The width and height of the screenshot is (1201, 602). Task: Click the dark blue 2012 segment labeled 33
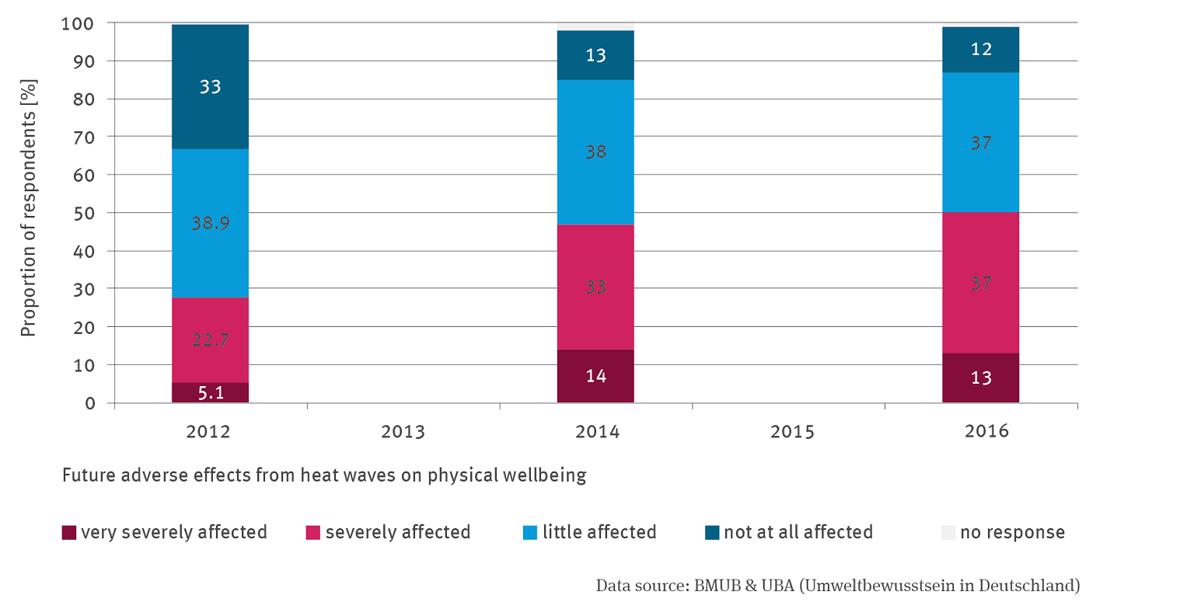coord(210,86)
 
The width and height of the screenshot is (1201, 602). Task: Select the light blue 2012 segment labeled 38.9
coord(210,223)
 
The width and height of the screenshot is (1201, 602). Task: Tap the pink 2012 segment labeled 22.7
coord(210,339)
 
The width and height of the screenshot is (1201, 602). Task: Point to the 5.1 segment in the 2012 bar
coord(210,393)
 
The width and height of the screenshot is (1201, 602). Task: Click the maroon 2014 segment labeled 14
coord(595,376)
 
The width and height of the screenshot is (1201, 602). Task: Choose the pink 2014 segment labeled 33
coord(595,287)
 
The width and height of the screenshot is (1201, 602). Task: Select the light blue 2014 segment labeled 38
coord(595,152)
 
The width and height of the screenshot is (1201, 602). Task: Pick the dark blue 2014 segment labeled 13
coord(595,55)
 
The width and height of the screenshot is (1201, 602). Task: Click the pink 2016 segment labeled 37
coord(980,283)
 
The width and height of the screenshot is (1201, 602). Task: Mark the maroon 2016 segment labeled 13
coord(980,378)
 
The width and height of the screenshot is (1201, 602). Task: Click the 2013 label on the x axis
coord(403,432)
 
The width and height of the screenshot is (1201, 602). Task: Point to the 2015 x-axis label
coord(792,432)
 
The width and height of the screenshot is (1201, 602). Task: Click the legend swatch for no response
coord(948,532)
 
